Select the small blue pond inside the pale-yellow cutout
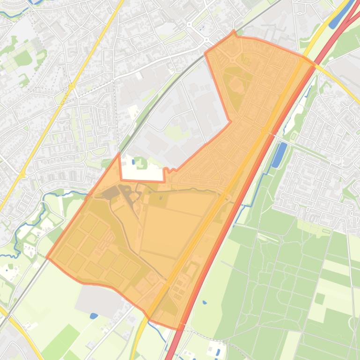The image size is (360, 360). tap(133, 162)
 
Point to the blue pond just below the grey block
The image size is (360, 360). tap(94, 316)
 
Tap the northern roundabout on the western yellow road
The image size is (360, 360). tap(71, 86)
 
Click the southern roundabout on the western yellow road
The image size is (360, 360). tap(22, 175)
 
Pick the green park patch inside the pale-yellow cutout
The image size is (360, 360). tap(140, 164)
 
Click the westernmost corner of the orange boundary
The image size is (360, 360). tap(47, 257)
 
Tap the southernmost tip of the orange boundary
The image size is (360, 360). tap(180, 329)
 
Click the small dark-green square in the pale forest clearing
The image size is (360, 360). tap(320, 298)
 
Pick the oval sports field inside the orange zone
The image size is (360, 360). tap(235, 85)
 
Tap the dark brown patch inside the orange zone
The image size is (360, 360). tap(111, 192)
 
